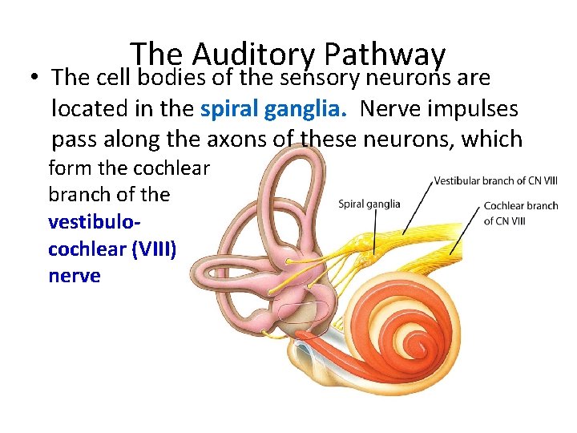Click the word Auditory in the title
pyautogui.click(x=255, y=56)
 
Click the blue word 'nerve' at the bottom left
pyautogui.click(x=75, y=275)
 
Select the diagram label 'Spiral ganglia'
pyautogui.click(x=369, y=204)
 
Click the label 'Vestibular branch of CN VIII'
pyautogui.click(x=496, y=181)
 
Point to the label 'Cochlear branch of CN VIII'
pyautogui.click(x=521, y=212)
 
